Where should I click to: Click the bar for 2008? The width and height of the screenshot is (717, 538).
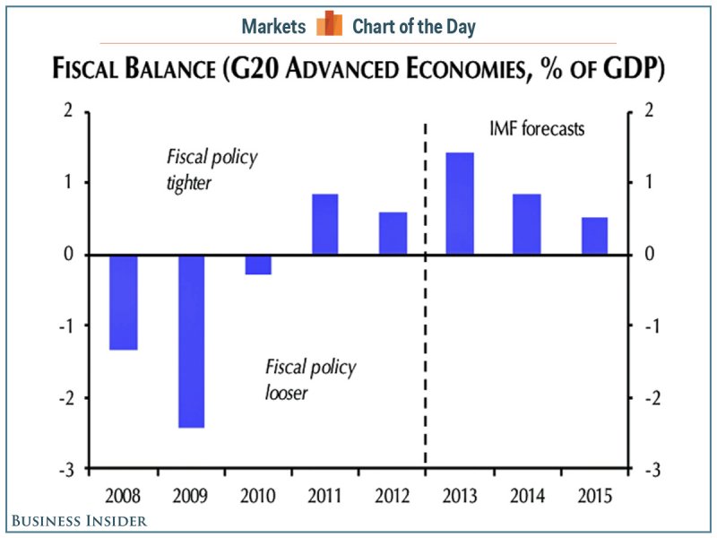(124, 302)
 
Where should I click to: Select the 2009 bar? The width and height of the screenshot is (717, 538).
(191, 341)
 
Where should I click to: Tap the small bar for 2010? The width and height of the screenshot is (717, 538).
(258, 265)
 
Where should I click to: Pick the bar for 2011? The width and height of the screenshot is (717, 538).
(325, 224)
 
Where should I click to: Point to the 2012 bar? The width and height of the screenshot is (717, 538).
(393, 233)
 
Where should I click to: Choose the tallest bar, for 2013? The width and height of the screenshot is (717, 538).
(460, 204)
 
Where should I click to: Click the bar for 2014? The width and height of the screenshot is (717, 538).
(527, 224)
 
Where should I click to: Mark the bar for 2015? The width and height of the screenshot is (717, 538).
(594, 236)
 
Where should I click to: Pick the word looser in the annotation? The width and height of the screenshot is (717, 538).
(286, 392)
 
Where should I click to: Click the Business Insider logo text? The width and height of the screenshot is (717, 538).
(79, 521)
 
